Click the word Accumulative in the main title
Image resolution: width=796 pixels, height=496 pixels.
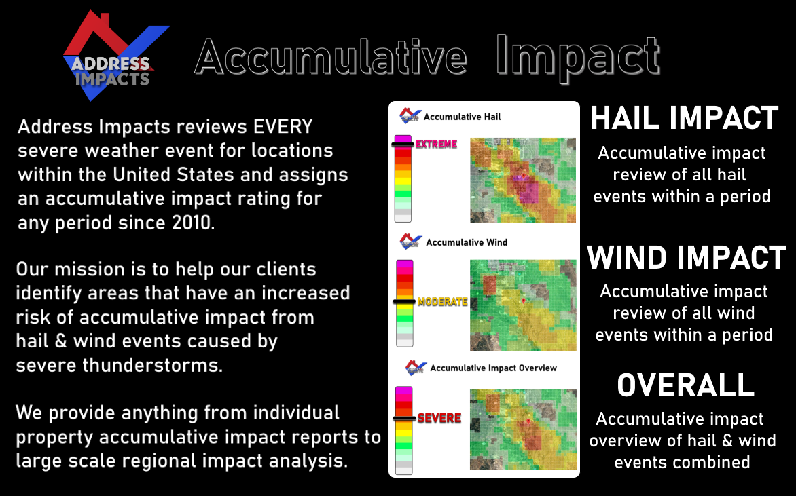click(331, 57)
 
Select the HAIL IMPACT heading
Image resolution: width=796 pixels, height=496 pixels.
click(685, 118)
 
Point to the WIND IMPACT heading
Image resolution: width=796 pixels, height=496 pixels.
click(687, 257)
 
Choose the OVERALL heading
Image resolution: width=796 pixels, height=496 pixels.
click(685, 385)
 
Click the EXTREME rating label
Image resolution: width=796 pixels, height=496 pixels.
click(436, 144)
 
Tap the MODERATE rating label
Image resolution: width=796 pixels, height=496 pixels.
click(442, 302)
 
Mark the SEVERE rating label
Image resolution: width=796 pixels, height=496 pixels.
click(439, 419)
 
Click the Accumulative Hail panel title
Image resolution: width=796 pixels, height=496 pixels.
click(462, 117)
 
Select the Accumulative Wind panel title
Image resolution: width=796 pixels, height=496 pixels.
click(467, 242)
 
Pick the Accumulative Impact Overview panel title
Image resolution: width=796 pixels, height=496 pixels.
click(494, 368)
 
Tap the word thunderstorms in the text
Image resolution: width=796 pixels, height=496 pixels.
click(152, 365)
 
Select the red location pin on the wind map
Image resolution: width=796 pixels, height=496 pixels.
click(524, 301)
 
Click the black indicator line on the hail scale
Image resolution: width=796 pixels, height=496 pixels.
click(403, 145)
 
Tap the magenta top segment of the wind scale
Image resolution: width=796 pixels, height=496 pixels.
click(405, 264)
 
